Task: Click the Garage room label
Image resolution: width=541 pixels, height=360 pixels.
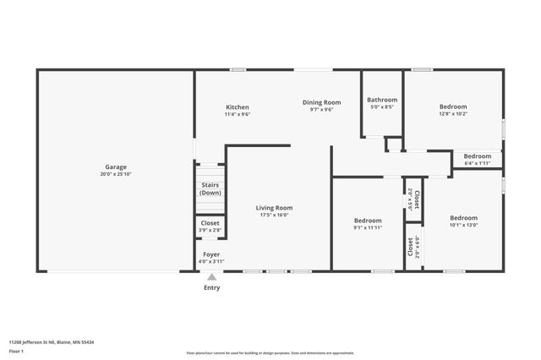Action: pyautogui.click(x=115, y=166)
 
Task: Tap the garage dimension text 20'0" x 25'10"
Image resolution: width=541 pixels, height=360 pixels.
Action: pyautogui.click(x=115, y=174)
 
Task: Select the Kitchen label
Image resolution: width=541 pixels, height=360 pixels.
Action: pyautogui.click(x=237, y=106)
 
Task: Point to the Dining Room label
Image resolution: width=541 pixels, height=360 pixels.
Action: pyautogui.click(x=322, y=102)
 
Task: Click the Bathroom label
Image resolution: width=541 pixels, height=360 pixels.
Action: pyautogui.click(x=383, y=100)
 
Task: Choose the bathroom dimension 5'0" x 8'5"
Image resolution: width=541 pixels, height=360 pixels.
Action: pyautogui.click(x=383, y=107)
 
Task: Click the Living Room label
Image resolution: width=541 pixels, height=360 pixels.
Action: pyautogui.click(x=274, y=207)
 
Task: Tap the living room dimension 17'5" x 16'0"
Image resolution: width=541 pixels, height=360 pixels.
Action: pyautogui.click(x=274, y=215)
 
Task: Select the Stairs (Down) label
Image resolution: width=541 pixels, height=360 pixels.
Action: pyautogui.click(x=210, y=188)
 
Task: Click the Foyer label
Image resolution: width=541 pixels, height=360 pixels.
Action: pyautogui.click(x=211, y=254)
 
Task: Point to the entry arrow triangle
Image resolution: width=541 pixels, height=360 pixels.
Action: pyautogui.click(x=212, y=275)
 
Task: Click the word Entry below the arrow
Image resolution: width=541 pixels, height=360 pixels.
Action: pyautogui.click(x=212, y=287)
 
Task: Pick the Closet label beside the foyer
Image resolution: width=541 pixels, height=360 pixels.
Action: pyautogui.click(x=210, y=223)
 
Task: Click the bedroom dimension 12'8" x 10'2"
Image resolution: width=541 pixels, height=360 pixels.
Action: pyautogui.click(x=453, y=114)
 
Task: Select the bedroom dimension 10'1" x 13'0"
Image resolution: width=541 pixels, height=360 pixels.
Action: pyautogui.click(x=463, y=225)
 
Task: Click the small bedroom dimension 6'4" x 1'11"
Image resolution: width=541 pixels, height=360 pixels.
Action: pyautogui.click(x=478, y=163)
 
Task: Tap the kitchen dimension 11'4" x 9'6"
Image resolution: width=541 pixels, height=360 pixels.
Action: pyautogui.click(x=237, y=114)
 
